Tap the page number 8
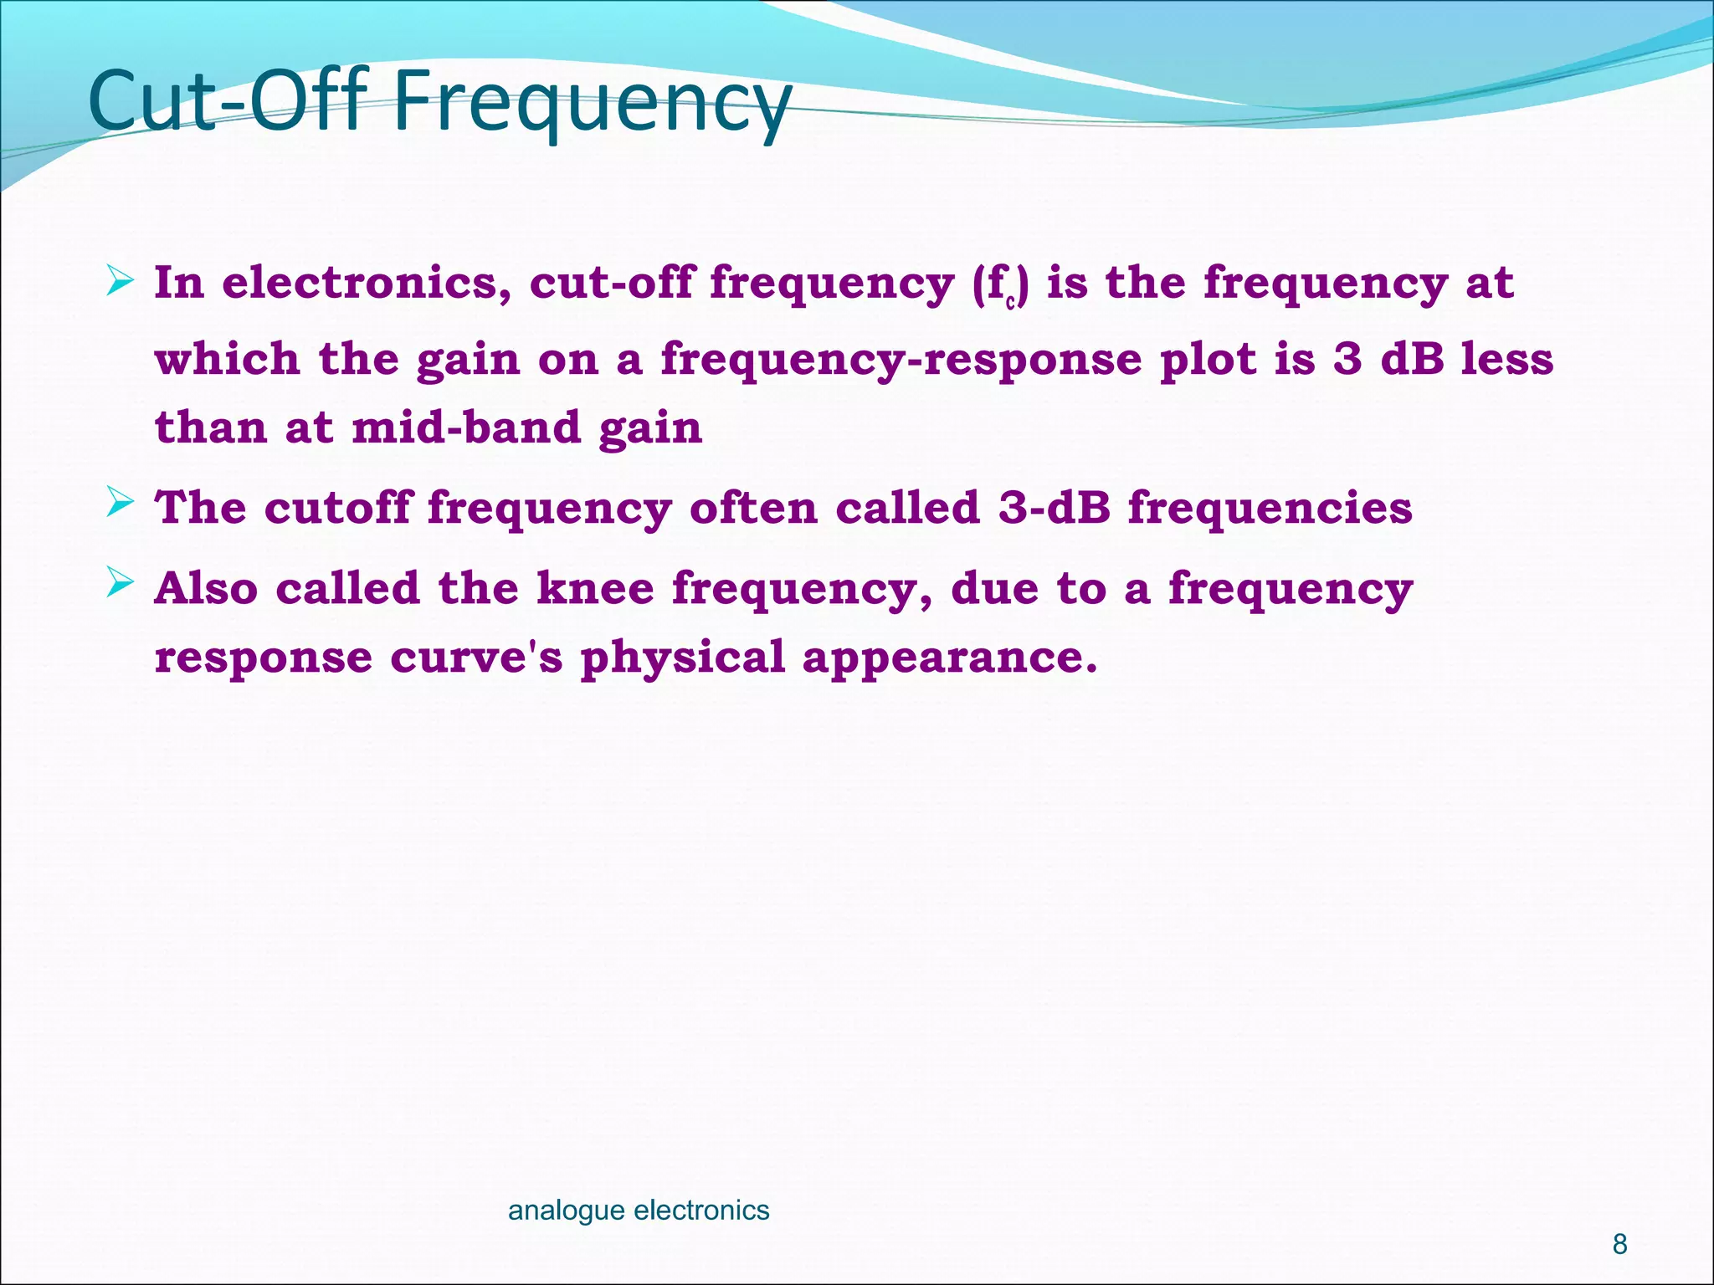tap(1619, 1244)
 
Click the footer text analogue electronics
tap(639, 1210)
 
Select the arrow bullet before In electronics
tap(120, 282)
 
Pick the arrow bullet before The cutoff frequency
tap(120, 504)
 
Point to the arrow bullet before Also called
tap(120, 584)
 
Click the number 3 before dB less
tap(1347, 360)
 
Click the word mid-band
tap(465, 427)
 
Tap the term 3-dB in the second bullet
tap(1054, 507)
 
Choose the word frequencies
tap(1270, 507)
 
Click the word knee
tap(595, 587)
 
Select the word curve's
tap(476, 657)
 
